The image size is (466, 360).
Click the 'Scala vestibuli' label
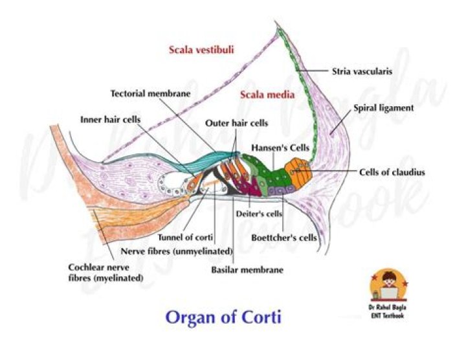point(201,49)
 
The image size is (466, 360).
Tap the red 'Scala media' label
point(267,95)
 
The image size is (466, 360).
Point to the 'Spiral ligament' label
point(384,108)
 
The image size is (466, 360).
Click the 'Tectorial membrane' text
point(150,93)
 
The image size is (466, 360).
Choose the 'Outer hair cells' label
point(236,122)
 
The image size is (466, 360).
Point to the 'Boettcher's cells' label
point(285,237)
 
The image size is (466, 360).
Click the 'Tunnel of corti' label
point(184,238)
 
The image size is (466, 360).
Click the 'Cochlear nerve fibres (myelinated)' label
point(106,272)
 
